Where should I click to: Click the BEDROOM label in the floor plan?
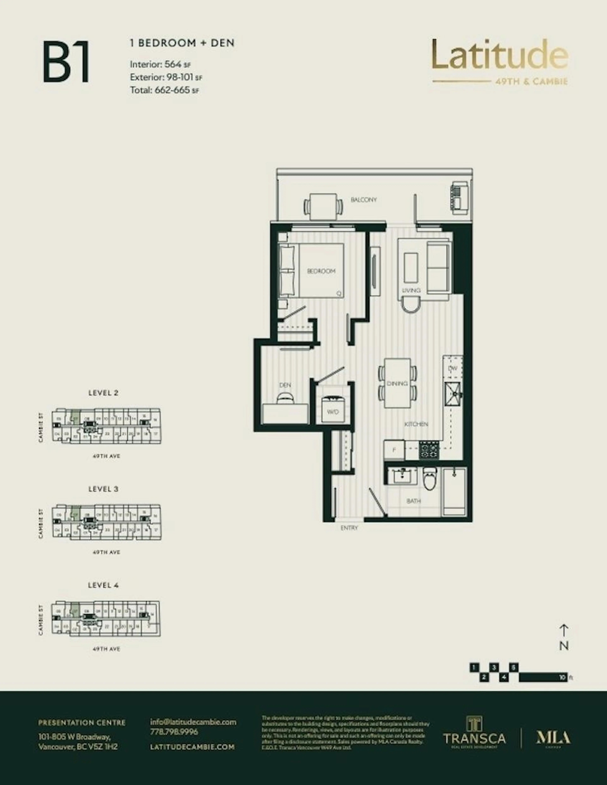tap(321, 271)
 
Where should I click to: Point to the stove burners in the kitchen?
tap(429, 450)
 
